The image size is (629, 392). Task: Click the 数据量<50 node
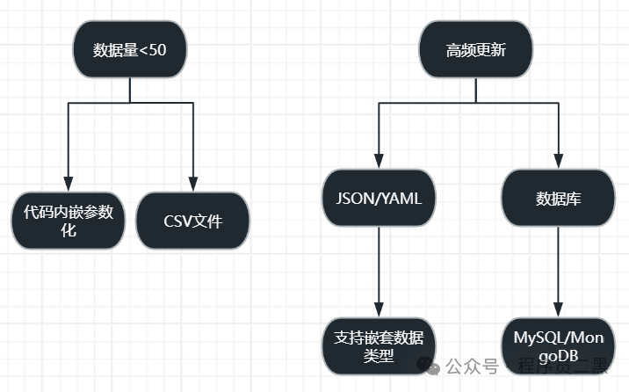point(129,49)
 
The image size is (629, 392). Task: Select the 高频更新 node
point(475,49)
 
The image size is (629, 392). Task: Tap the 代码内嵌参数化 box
point(68,221)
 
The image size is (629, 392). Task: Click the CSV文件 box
point(192,220)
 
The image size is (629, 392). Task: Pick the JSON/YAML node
point(379,199)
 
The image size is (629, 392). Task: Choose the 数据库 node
point(559,199)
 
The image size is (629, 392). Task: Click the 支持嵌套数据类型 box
point(379,346)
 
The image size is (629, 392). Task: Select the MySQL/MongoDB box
point(559,346)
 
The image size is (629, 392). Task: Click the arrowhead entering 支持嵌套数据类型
point(379,310)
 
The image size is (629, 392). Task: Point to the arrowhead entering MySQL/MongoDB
point(559,310)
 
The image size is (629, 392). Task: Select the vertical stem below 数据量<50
point(129,90)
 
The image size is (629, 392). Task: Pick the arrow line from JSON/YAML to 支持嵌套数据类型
point(379,264)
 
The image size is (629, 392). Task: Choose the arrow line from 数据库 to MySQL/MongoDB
point(559,264)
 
